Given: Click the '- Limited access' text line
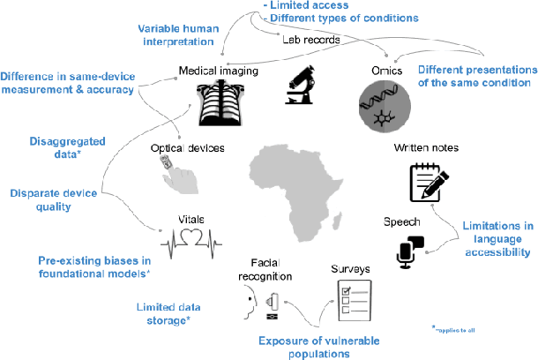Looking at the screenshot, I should tap(300, 5).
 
